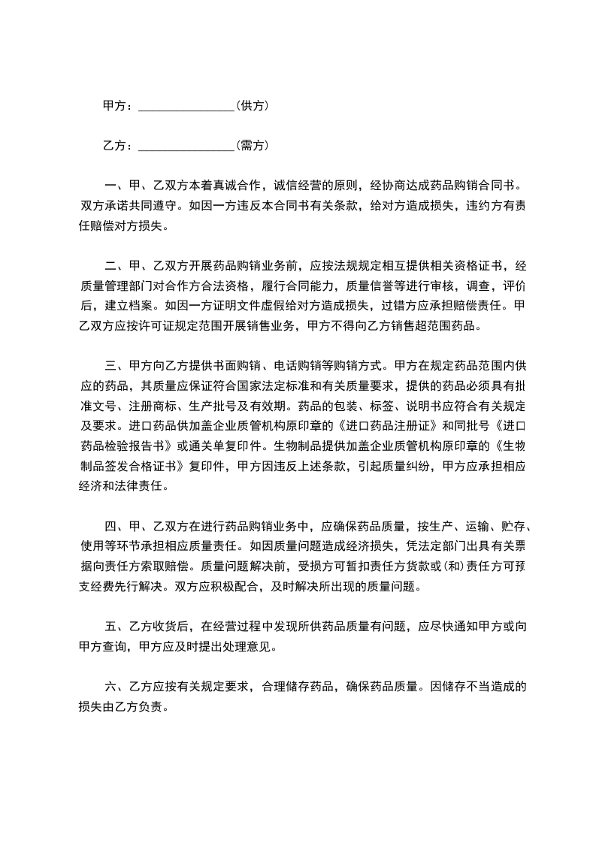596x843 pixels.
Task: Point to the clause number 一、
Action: [x=112, y=186]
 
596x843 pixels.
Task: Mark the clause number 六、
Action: [x=112, y=687]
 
